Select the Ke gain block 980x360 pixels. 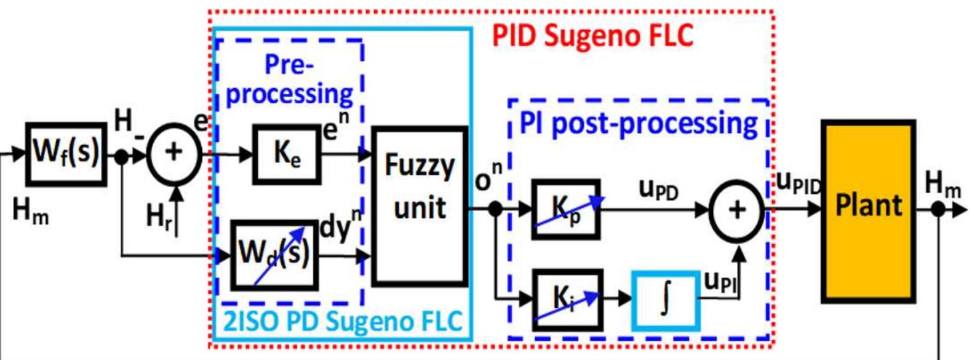coord(287,154)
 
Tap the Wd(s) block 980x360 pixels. coord(274,255)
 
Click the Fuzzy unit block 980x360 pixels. coord(420,206)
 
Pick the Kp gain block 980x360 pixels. coord(565,210)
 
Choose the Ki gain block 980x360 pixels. coord(567,299)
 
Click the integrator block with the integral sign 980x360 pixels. coord(666,300)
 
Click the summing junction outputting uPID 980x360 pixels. coord(736,210)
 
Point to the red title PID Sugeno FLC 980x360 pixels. coord(593,36)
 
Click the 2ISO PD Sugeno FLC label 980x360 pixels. coord(342,322)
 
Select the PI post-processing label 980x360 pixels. coord(638,123)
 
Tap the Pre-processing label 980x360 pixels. coord(289,80)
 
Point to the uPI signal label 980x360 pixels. coord(720,282)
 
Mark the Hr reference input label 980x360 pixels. coord(159,217)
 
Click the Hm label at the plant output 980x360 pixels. coord(942,184)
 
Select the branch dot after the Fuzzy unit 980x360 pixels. coord(495,209)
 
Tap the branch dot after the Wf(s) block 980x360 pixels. coord(122,157)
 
